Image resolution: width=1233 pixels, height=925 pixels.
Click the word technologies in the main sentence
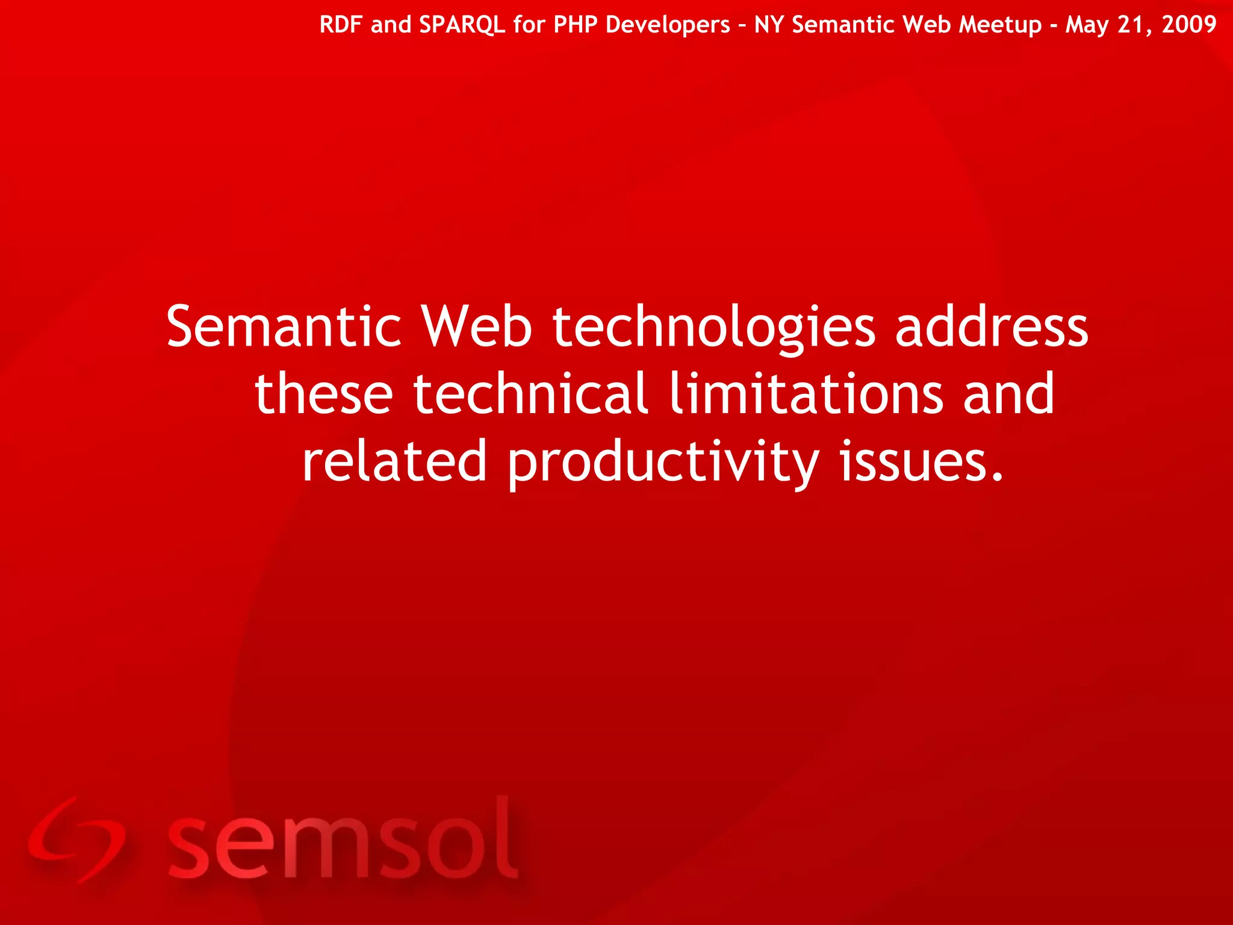coord(714,328)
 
